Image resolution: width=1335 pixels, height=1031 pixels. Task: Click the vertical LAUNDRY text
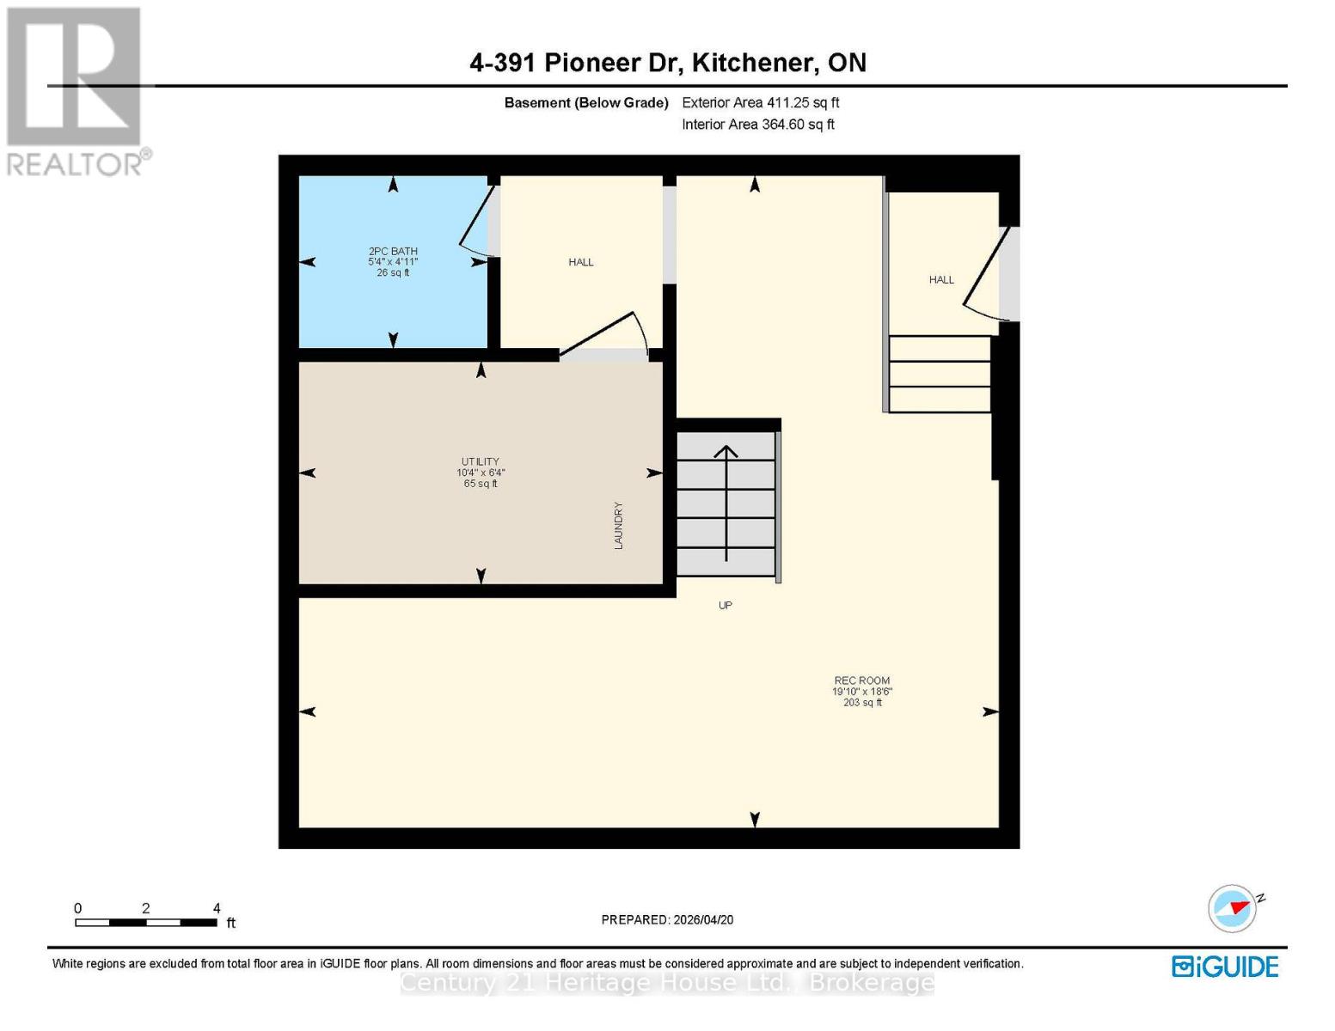point(618,526)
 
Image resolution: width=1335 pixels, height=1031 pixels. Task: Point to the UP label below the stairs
point(726,606)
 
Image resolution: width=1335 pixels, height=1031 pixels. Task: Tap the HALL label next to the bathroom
point(581,262)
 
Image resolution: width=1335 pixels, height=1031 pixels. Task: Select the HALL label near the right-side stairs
point(941,280)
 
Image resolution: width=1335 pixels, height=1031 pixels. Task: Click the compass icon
point(1233,908)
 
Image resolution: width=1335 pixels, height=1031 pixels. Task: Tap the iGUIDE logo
point(1225,967)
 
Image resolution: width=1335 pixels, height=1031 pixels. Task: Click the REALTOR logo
point(76,90)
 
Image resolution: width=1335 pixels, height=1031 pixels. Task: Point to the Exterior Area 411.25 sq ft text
point(760,102)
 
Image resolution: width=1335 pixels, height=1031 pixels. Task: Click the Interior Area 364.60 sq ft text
point(758,125)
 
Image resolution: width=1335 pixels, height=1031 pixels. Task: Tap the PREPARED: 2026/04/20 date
point(667,919)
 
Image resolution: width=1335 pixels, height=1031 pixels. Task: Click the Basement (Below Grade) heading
point(585,102)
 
